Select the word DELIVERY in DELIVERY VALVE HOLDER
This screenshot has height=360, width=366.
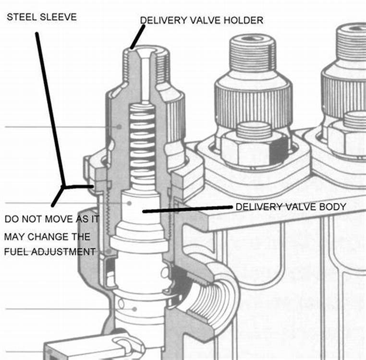[159, 20]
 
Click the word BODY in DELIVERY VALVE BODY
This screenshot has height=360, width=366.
[335, 207]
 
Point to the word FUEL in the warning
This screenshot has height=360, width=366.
[16, 251]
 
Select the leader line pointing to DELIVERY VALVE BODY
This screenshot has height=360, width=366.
[187, 209]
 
